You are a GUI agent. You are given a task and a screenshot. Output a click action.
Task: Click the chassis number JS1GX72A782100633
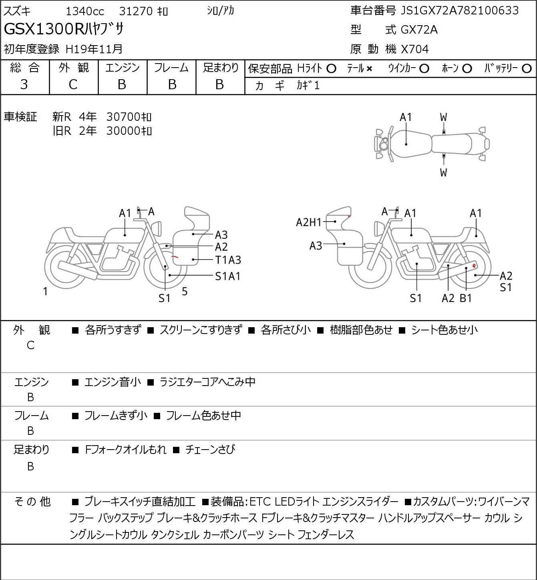click(459, 11)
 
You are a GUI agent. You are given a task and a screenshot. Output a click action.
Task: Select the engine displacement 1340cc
click(85, 11)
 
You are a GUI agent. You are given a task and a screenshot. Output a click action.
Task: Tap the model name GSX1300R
click(44, 29)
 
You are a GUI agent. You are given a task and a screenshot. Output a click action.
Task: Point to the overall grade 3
click(24, 85)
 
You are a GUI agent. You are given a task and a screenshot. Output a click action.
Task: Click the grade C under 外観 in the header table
click(73, 85)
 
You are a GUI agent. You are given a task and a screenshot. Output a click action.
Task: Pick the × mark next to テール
click(369, 69)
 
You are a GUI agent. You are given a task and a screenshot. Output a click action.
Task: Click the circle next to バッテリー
click(527, 69)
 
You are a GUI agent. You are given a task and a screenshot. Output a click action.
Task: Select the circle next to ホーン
click(467, 69)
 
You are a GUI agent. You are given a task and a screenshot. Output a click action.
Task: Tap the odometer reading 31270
click(136, 11)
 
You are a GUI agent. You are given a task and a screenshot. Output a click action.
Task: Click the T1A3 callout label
click(228, 260)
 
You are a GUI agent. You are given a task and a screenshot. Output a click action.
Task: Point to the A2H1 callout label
click(309, 222)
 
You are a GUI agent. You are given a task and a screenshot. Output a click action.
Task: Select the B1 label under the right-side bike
click(466, 298)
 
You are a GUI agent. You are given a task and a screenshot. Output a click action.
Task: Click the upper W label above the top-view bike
click(443, 118)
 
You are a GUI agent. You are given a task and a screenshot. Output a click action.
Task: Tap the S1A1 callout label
click(227, 276)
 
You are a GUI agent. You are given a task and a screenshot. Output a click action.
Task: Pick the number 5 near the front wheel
click(185, 291)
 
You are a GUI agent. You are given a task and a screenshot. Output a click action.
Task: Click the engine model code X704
click(415, 49)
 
